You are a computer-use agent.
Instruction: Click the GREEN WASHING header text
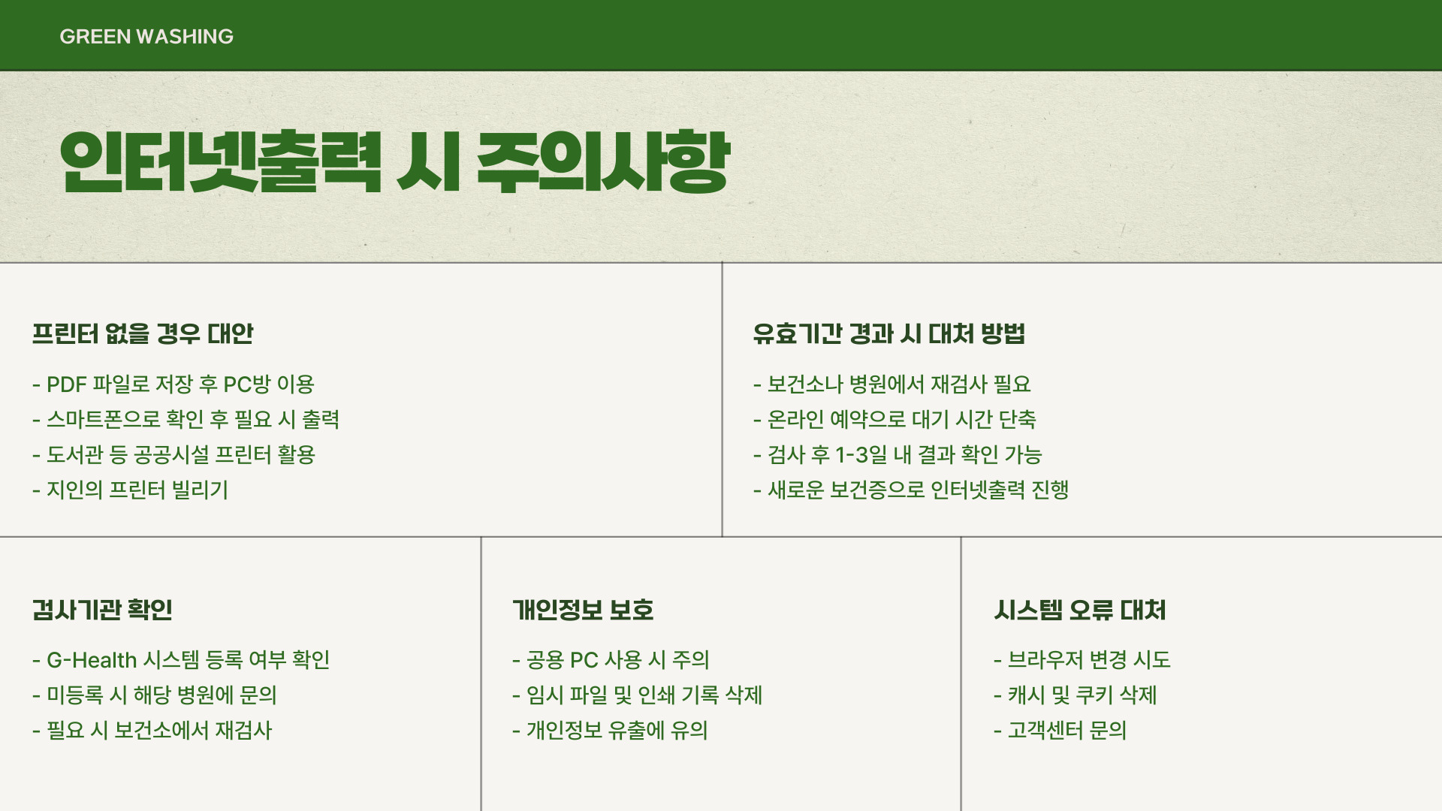(146, 36)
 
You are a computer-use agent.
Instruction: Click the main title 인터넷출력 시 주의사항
(394, 162)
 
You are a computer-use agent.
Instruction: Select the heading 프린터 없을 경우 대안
(143, 333)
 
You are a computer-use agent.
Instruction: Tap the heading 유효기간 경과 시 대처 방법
(889, 333)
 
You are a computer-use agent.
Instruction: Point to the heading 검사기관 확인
(102, 610)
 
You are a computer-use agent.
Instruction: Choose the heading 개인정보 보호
(583, 610)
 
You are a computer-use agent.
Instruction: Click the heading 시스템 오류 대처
(1080, 610)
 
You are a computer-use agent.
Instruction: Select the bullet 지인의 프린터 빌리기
(137, 490)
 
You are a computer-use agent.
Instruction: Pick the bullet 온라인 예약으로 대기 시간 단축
(901, 420)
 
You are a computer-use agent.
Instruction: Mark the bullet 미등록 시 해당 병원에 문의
(161, 695)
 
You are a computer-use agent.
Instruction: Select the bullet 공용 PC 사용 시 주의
(617, 660)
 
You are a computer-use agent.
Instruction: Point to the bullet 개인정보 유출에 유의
(617, 731)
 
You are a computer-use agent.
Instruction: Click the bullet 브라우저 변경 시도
(1089, 660)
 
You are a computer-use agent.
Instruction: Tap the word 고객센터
(1045, 731)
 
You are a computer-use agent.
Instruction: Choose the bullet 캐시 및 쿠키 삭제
(1081, 695)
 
